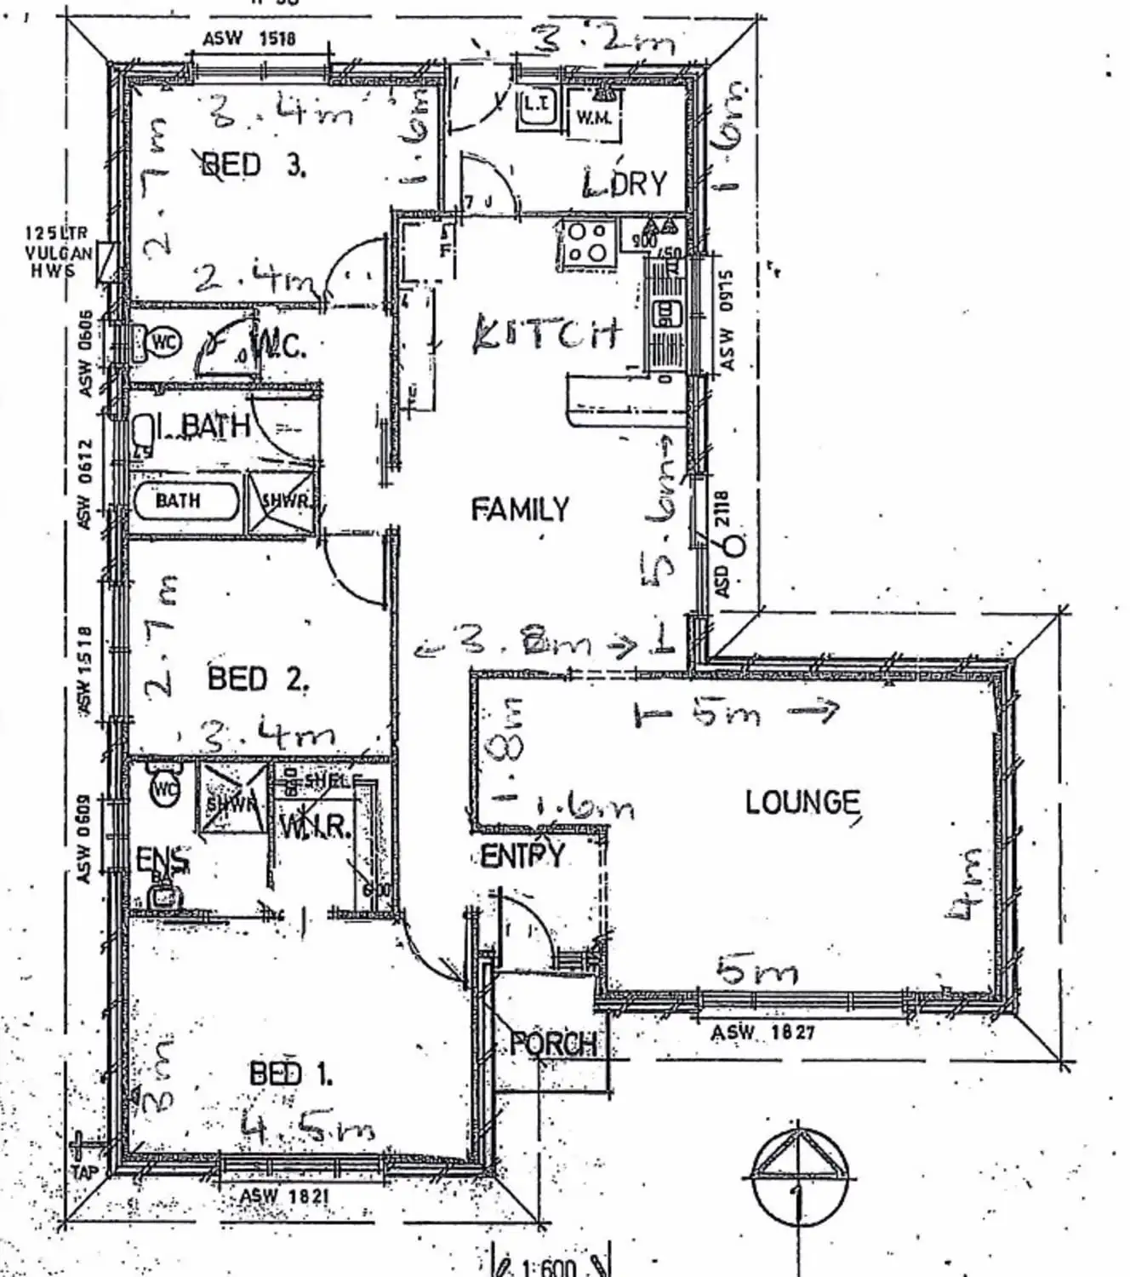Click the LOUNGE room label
[802, 802]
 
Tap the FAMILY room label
[520, 509]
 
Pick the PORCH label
[553, 1044]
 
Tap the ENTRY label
[522, 855]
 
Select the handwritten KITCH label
[545, 333]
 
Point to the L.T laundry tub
[537, 106]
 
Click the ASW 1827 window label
[762, 1033]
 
